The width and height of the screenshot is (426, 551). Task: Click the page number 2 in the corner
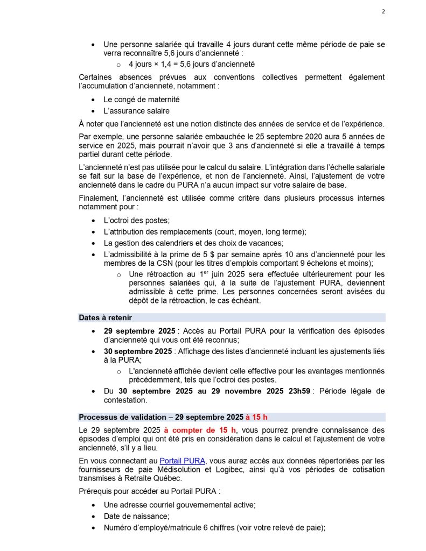click(383, 12)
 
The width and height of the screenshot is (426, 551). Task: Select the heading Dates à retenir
click(106, 317)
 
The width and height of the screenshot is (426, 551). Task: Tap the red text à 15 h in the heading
click(256, 417)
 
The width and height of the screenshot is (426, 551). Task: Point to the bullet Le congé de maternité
click(142, 100)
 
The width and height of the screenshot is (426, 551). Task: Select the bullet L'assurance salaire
click(136, 111)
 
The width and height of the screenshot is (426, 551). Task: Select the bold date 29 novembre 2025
click(237, 391)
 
